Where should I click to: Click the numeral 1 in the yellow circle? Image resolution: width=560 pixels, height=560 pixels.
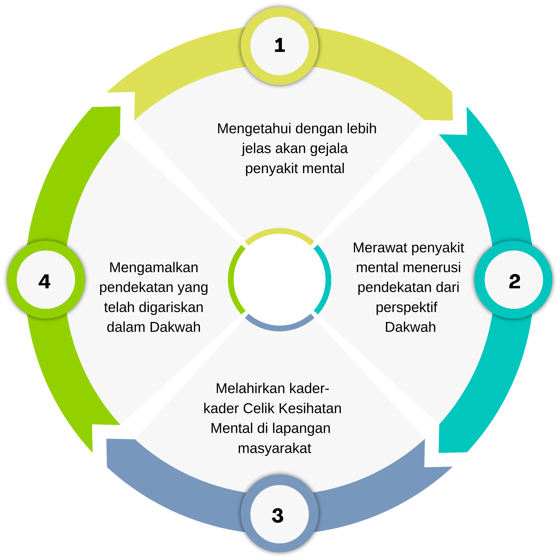[x=279, y=46]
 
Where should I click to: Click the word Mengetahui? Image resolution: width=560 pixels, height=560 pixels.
[x=254, y=128]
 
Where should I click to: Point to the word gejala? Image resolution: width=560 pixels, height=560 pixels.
[x=328, y=148]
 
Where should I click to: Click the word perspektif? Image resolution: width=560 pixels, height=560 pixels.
[x=406, y=307]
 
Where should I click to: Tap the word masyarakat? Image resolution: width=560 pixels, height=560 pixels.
[x=274, y=448]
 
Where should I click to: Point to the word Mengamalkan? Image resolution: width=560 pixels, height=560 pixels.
[x=154, y=267]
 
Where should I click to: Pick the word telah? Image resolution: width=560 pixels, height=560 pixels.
[x=119, y=307]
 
